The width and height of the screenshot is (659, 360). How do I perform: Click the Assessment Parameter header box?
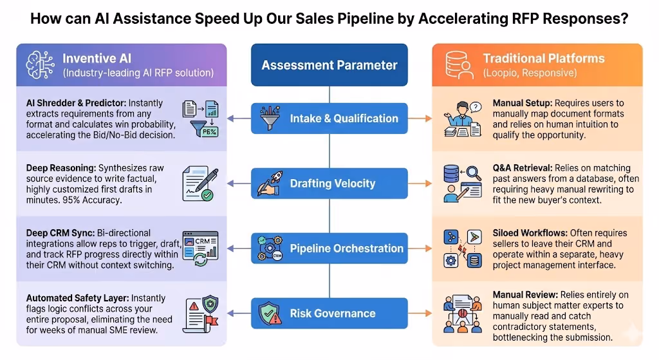(x=329, y=65)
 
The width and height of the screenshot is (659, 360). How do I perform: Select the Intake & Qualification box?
(x=329, y=118)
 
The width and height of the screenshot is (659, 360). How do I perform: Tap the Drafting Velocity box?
(x=329, y=184)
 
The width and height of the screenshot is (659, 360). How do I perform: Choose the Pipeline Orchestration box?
(x=329, y=249)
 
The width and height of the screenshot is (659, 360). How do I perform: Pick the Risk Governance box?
(x=329, y=314)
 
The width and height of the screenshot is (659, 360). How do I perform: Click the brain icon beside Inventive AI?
(x=39, y=65)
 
